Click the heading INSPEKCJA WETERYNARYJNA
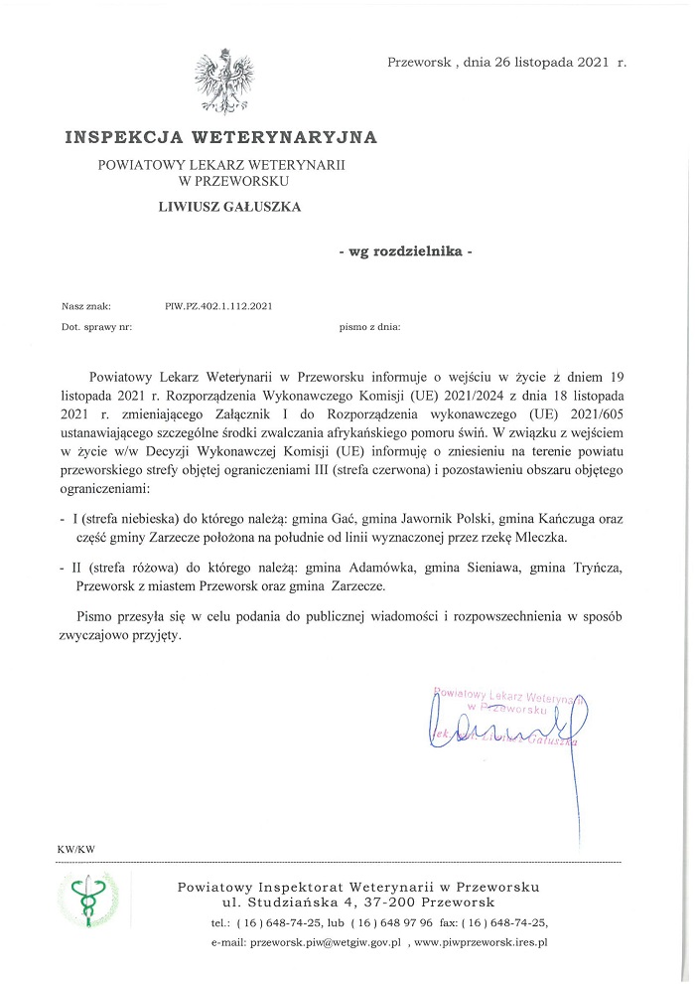[221, 136]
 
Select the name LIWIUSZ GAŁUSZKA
[229, 207]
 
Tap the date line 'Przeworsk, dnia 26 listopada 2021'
[506, 62]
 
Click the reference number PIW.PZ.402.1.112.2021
[218, 306]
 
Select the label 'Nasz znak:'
[85, 306]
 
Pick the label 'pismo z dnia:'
[369, 326]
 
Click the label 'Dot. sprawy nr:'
[96, 326]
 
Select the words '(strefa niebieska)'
[130, 520]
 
